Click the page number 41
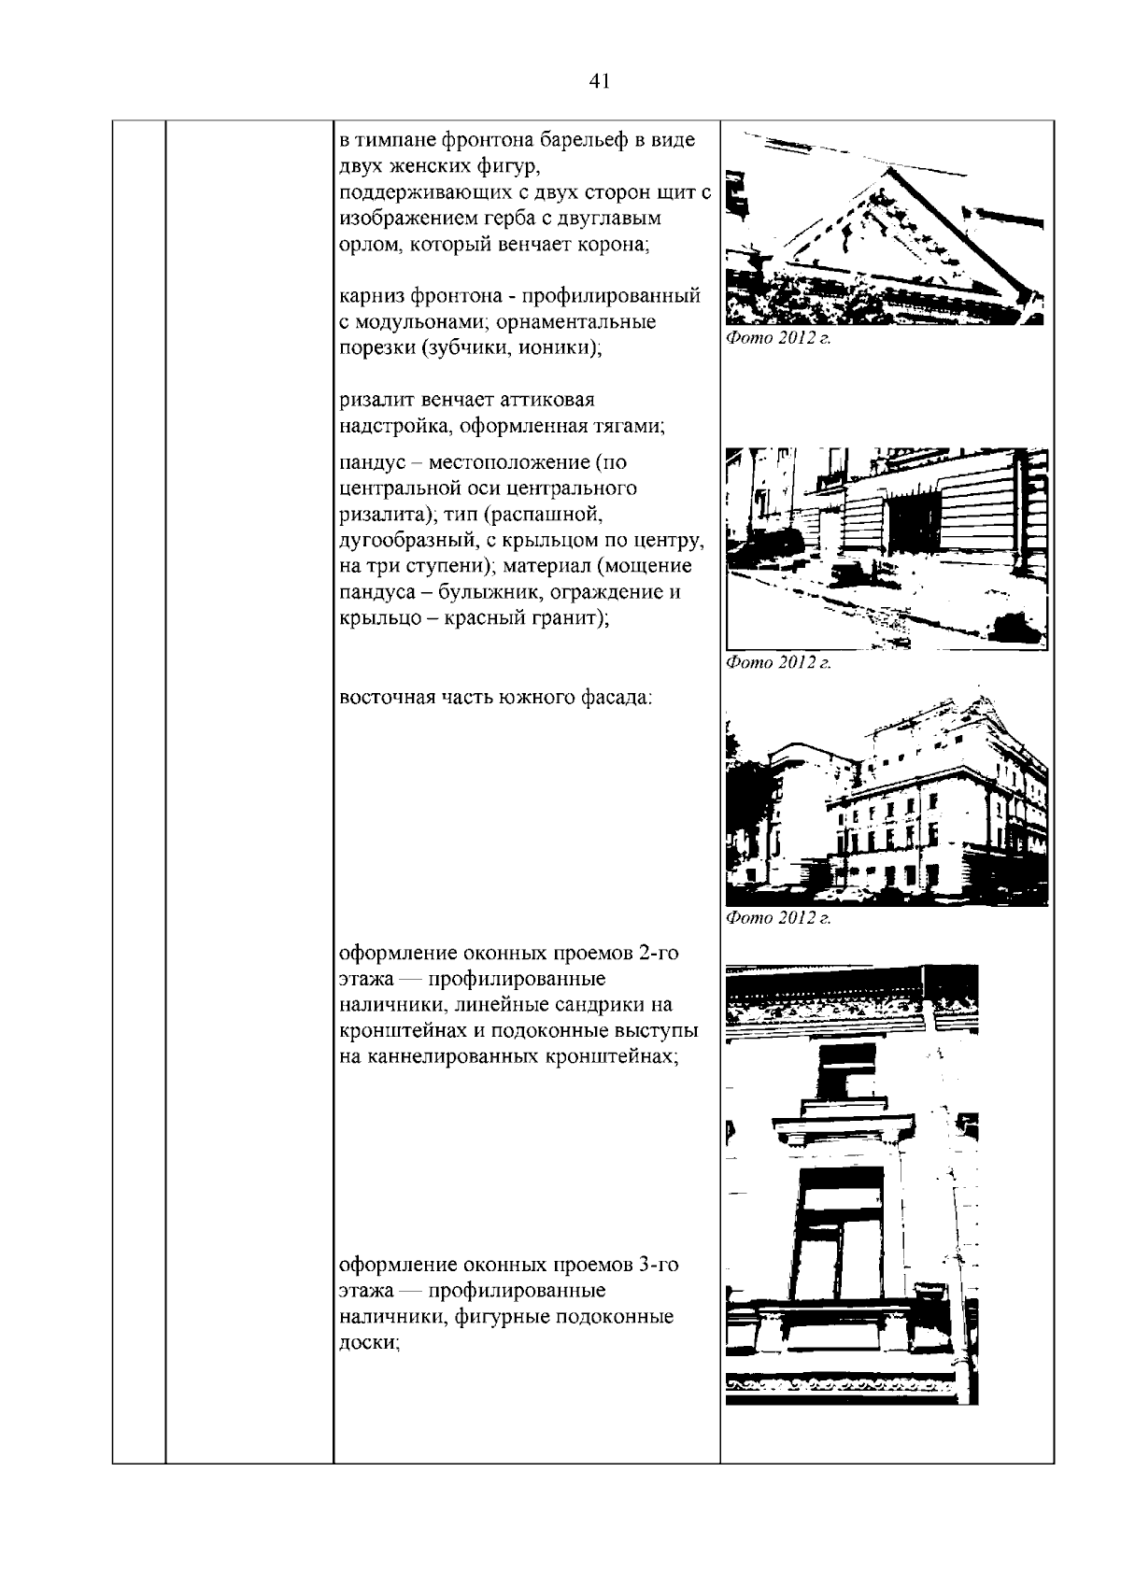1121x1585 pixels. pyautogui.click(x=600, y=81)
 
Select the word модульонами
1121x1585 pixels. pyautogui.click(x=419, y=322)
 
